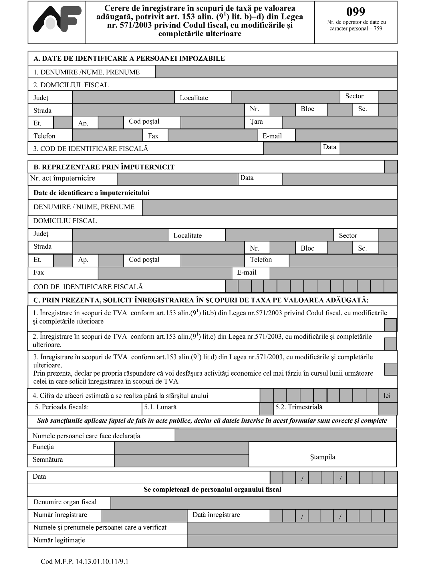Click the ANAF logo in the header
[x=57, y=19]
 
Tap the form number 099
[x=356, y=12]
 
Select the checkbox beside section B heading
[x=391, y=167]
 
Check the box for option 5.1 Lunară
[x=267, y=409]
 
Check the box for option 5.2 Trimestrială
[x=388, y=409]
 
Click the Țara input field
[x=339, y=122]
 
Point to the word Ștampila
[x=323, y=457]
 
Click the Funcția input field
[x=181, y=448]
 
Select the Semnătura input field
[x=181, y=460]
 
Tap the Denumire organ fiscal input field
[x=254, y=503]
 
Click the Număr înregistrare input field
[x=144, y=516]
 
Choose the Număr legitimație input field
[x=292, y=541]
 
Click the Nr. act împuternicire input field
[x=177, y=179]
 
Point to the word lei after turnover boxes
[x=387, y=396]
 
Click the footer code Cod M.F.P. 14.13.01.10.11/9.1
[x=85, y=561]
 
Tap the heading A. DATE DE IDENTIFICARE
[x=129, y=58]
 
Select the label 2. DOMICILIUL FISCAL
[x=71, y=85]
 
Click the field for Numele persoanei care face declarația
[x=285, y=435]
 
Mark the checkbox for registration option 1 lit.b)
[x=390, y=325]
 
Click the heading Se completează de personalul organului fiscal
[x=212, y=489]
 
